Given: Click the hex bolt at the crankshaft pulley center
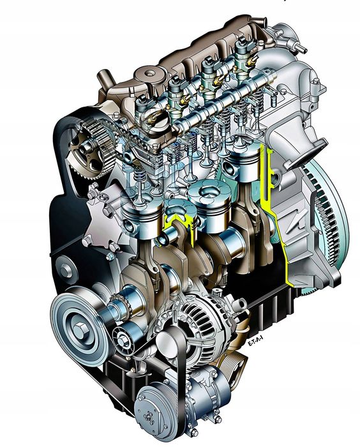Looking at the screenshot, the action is (79, 330).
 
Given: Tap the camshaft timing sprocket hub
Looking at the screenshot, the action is (84, 149).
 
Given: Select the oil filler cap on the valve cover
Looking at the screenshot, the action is (149, 74).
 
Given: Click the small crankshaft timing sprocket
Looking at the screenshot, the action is (120, 307).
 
